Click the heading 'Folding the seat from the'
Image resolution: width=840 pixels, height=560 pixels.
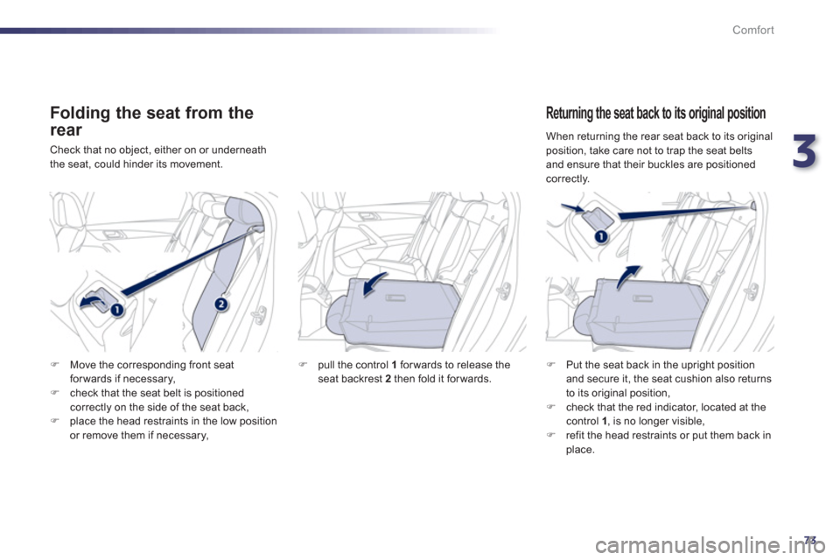coord(151,113)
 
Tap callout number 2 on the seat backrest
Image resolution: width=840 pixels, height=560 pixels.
coord(220,303)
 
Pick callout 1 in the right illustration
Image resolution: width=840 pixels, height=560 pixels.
coord(602,237)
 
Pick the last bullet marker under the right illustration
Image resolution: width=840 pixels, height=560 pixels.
coord(549,436)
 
